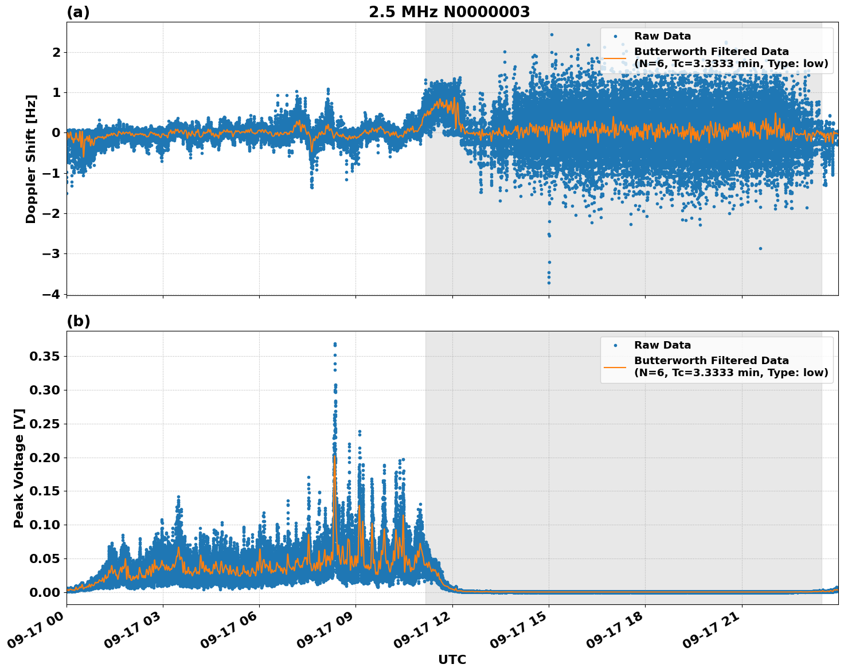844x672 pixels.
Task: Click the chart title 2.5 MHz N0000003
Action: (449, 12)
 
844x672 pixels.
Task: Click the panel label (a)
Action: (78, 12)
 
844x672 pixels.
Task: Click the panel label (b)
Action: (78, 321)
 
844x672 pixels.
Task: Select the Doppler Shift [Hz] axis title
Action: (31, 159)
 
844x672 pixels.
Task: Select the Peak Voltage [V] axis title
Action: (19, 468)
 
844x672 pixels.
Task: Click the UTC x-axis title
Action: (452, 659)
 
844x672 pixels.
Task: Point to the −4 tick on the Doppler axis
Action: (51, 294)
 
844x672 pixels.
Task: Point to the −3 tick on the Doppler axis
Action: (51, 253)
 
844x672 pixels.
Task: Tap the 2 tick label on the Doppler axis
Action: (56, 52)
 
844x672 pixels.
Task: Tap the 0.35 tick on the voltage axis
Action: (44, 357)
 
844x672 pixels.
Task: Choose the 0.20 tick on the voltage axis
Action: (44, 458)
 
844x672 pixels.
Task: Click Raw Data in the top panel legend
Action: (662, 36)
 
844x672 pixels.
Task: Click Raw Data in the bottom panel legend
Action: (662, 345)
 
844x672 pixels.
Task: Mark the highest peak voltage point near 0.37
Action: (335, 344)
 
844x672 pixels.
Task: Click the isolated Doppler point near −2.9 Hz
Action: (760, 248)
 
